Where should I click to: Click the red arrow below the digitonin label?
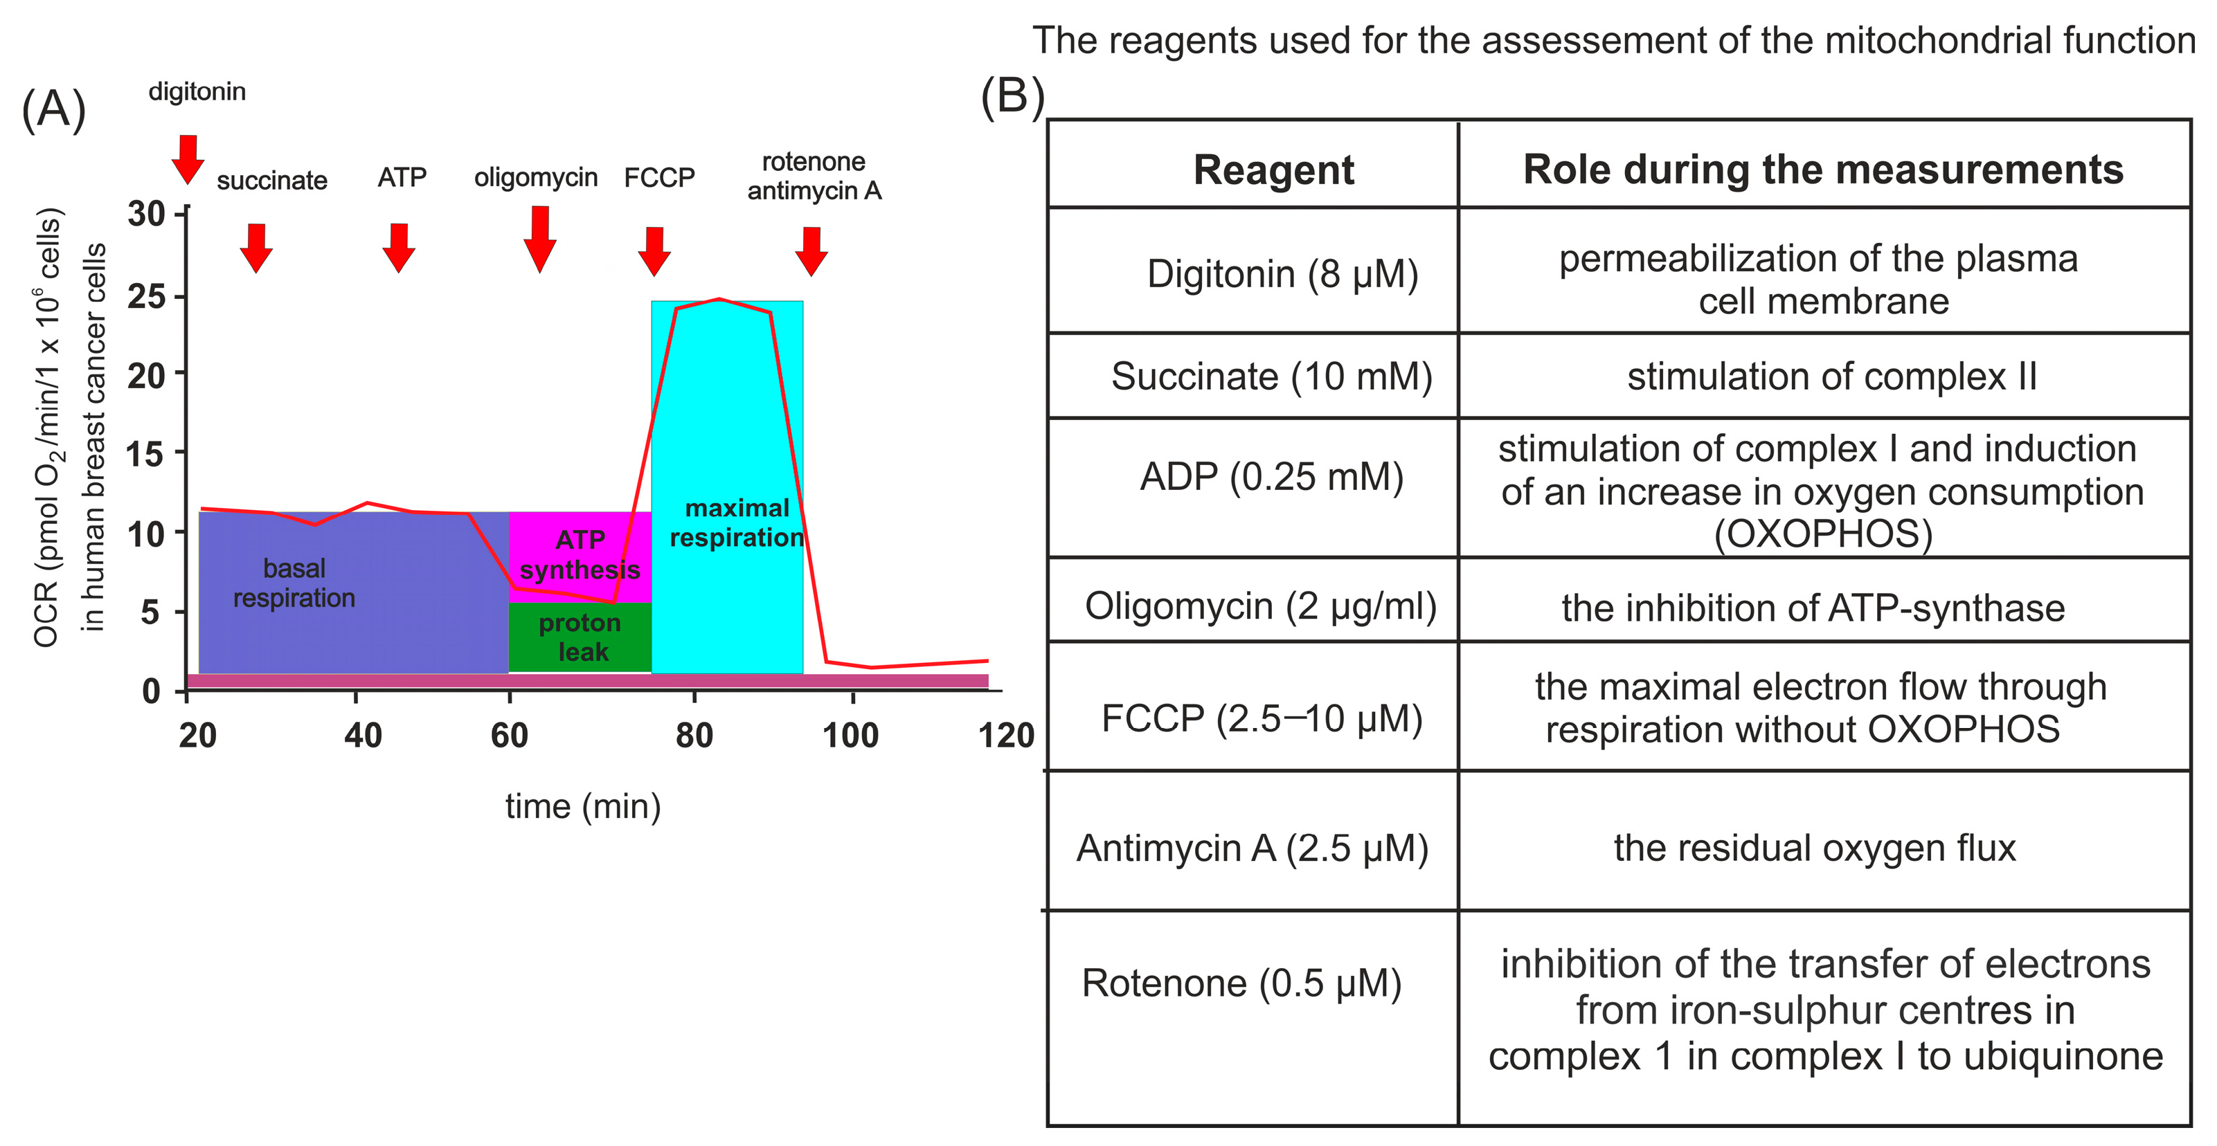[188, 159]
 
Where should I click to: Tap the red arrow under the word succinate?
[255, 248]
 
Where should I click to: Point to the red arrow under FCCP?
[654, 251]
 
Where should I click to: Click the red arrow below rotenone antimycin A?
[811, 251]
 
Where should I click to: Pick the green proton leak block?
[580, 637]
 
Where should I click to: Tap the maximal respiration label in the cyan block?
[737, 522]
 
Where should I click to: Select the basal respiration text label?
[294, 583]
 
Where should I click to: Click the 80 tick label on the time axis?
[694, 736]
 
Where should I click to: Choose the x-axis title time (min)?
[583, 807]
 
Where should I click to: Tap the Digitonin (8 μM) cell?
[1282, 273]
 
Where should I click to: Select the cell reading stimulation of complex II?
[1831, 376]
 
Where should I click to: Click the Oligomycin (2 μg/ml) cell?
[1260, 606]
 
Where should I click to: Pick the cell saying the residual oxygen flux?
[1814, 848]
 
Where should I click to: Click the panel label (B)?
[1012, 95]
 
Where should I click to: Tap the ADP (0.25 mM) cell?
[1271, 476]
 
